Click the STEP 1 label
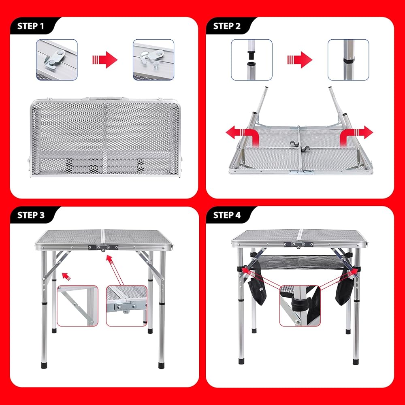(31, 26)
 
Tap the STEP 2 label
(227, 26)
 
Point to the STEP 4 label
(227, 215)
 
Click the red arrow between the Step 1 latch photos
(105, 60)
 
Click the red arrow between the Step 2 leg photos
(300, 60)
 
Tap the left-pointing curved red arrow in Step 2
(242, 135)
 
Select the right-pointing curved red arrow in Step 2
(356, 135)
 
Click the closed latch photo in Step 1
(57, 60)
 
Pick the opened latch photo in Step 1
(153, 60)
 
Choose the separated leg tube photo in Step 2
(252, 60)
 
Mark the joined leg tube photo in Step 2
(348, 60)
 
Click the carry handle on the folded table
(105, 98)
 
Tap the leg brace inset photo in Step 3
(77, 306)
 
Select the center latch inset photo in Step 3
(126, 306)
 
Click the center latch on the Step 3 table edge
(103, 247)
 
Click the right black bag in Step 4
(345, 284)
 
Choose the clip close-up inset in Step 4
(300, 306)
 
